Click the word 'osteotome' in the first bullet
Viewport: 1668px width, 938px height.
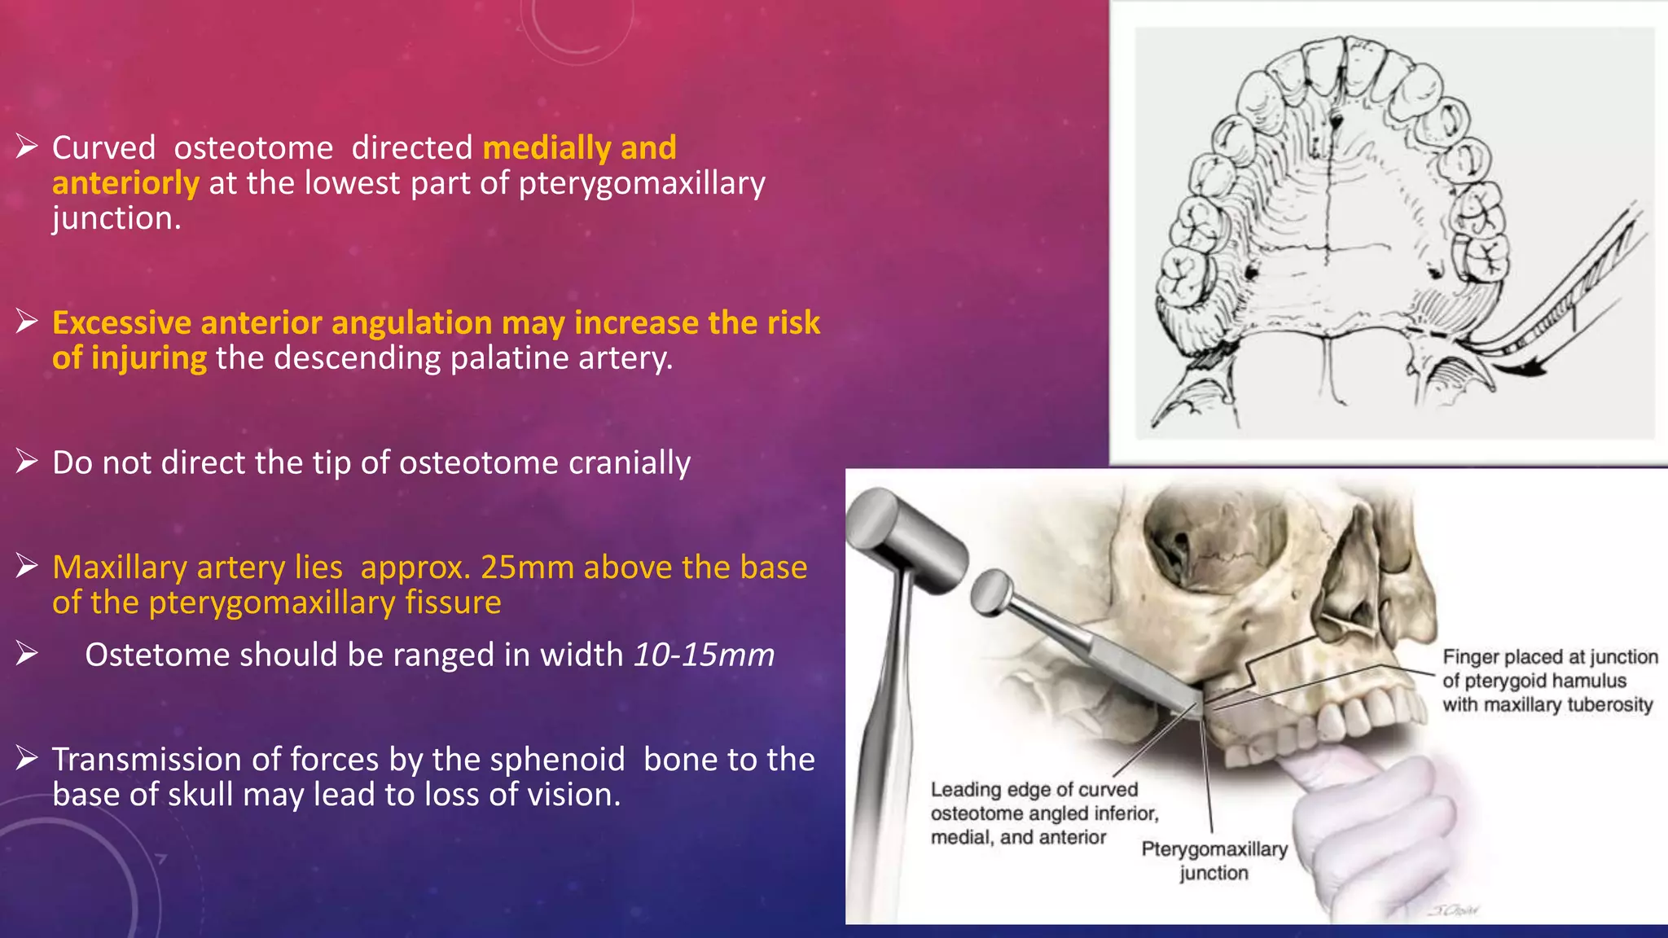click(x=253, y=148)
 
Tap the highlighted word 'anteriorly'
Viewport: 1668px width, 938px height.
click(x=125, y=183)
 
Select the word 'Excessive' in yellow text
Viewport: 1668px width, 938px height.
click(x=121, y=323)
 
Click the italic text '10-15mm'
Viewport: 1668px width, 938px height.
click(x=704, y=655)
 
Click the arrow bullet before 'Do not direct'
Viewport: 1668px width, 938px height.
click(x=27, y=462)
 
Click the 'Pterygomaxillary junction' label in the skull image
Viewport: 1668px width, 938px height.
click(x=1214, y=861)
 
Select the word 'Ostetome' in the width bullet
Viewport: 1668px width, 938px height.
click(x=150, y=655)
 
